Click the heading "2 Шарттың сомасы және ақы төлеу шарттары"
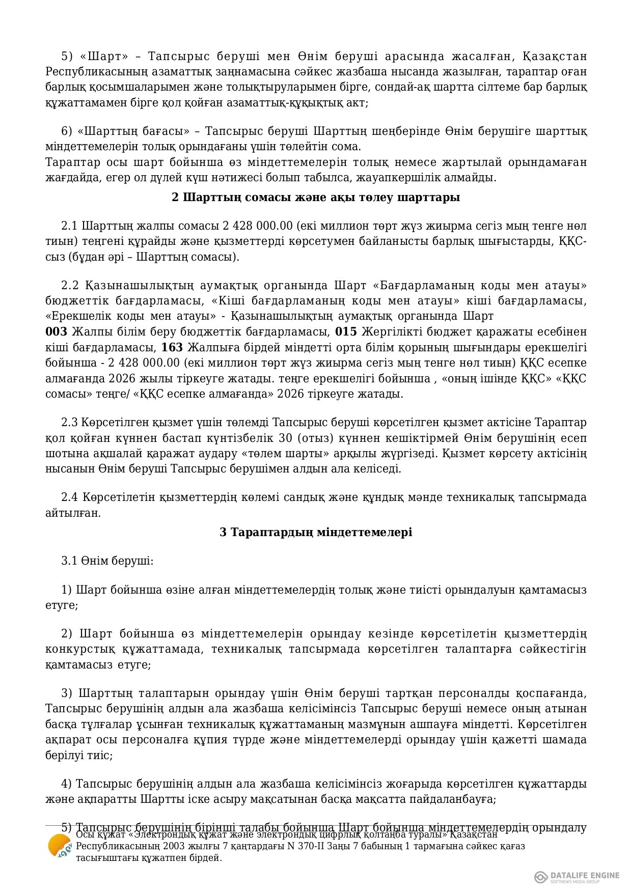tap(316, 197)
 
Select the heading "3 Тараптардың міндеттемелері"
tap(316, 532)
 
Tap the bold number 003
tap(56, 332)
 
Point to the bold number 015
tap(346, 332)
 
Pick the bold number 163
tap(172, 348)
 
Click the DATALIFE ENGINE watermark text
tap(585, 875)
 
